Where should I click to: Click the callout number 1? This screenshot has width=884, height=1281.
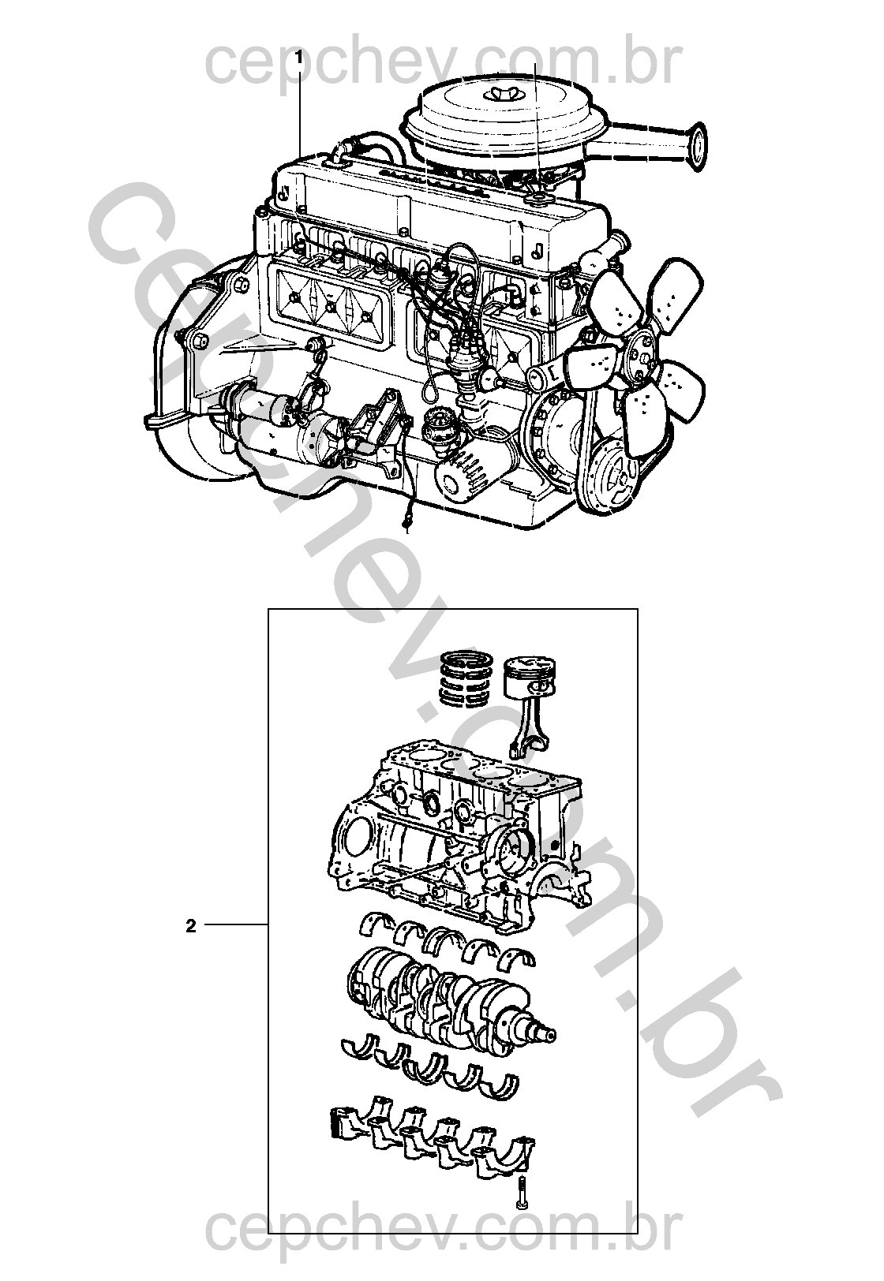pos(298,57)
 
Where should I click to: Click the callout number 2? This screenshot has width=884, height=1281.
pos(191,926)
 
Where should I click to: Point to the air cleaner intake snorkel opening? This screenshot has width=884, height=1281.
pos(696,146)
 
